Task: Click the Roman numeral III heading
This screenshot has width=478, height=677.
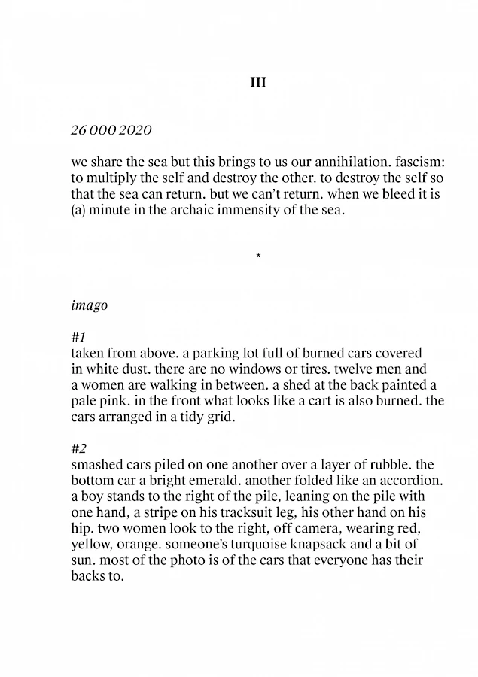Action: (257, 83)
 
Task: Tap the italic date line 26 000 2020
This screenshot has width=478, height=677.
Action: (111, 130)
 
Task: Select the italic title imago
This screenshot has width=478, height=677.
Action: (89, 306)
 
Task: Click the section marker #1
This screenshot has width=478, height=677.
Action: (78, 338)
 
